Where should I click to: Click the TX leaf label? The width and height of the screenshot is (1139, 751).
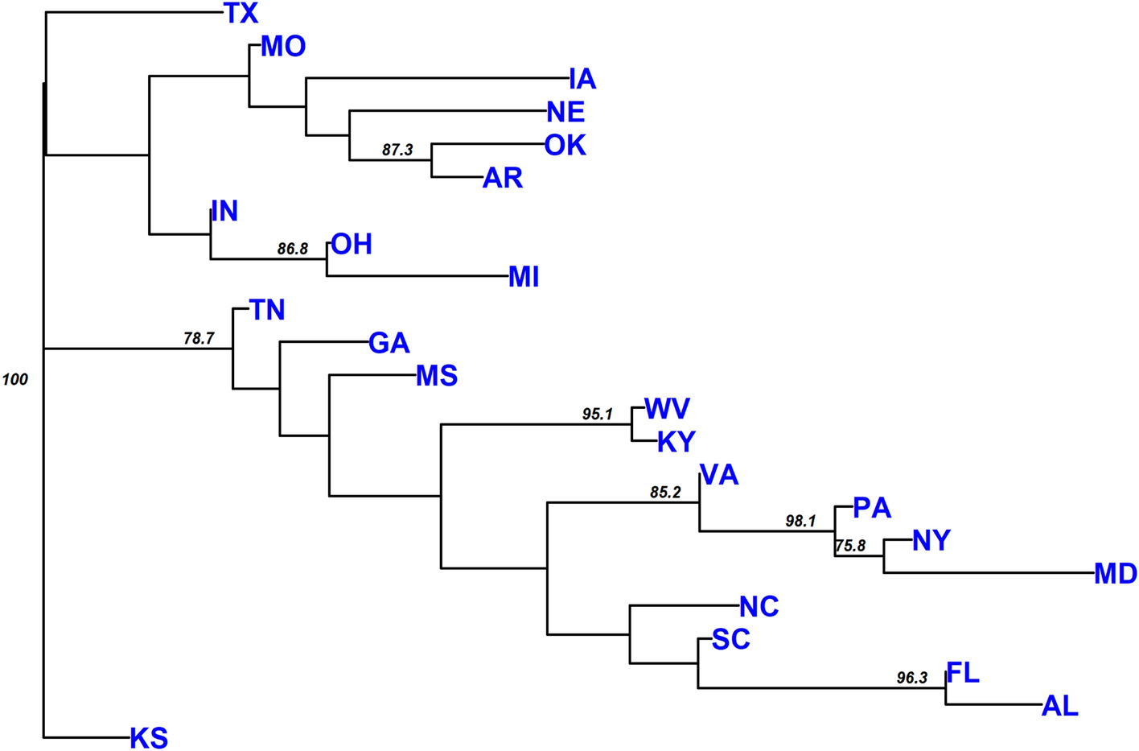pos(241,14)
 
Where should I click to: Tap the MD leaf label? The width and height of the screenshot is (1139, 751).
pos(1115,574)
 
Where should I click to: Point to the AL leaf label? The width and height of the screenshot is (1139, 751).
pos(1059,706)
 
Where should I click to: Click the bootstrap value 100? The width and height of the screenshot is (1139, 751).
pos(15,379)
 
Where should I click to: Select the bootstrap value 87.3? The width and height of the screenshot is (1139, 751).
pos(397,150)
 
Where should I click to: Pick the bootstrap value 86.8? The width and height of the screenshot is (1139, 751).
pos(293,249)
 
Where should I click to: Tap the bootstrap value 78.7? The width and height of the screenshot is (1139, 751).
pos(199,338)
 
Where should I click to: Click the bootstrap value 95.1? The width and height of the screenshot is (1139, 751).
pos(598,414)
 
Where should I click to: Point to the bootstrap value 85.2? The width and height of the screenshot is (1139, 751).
pos(665,493)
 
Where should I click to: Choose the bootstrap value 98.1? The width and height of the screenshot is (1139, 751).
pos(800,521)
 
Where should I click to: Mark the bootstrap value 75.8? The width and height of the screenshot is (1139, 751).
pos(850,546)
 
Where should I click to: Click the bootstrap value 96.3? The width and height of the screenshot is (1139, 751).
pos(912,678)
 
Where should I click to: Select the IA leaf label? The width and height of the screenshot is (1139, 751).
pos(582,79)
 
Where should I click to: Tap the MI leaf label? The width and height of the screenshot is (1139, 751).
pos(524,277)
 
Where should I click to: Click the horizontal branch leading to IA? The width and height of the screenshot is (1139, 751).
pos(434,78)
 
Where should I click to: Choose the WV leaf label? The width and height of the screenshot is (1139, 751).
pos(667,409)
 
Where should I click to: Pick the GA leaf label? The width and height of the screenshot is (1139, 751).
pos(389,343)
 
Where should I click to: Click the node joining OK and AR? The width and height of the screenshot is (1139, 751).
pos(432,160)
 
